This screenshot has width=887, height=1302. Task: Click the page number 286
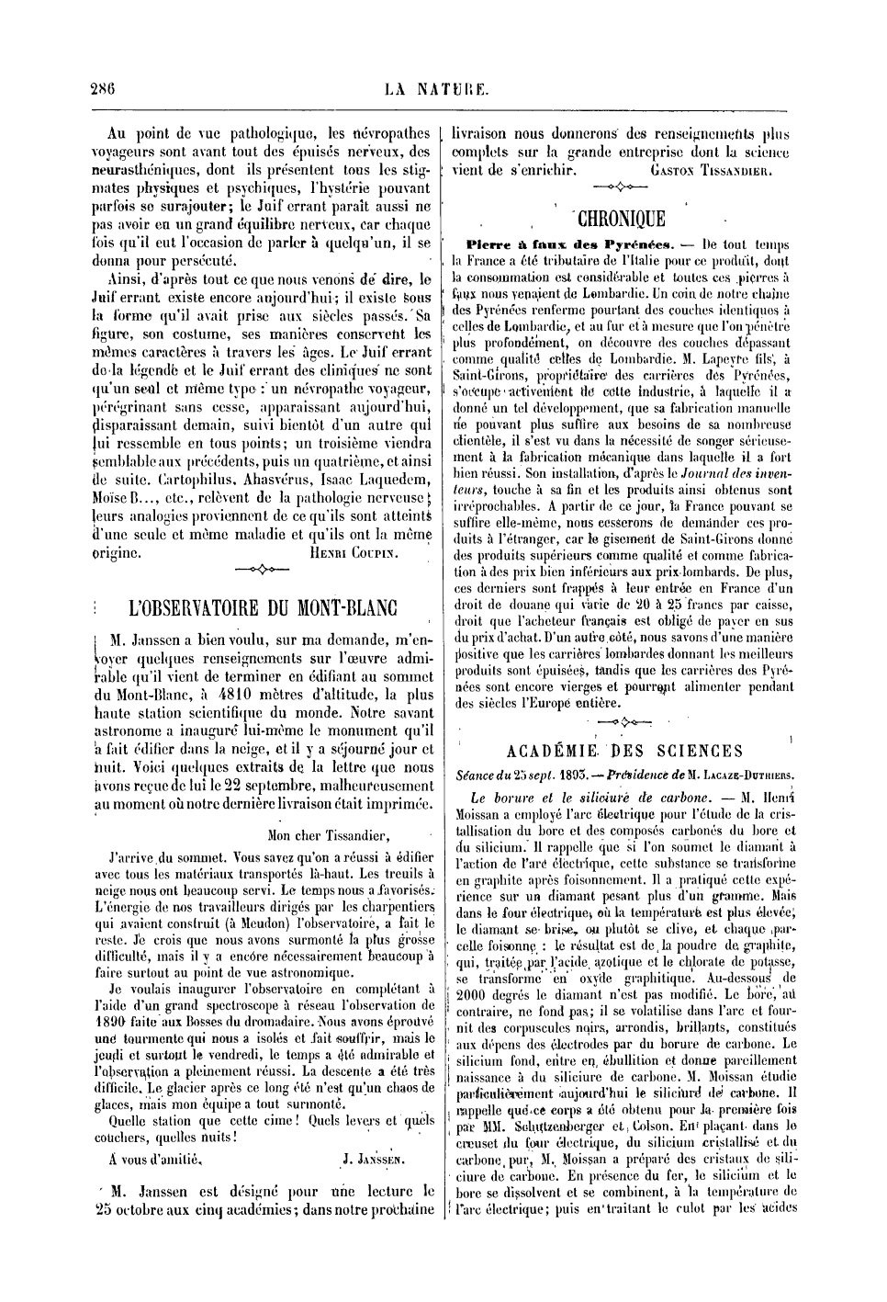coord(101,89)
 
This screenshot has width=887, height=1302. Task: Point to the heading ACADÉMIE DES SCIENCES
coord(623,751)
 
